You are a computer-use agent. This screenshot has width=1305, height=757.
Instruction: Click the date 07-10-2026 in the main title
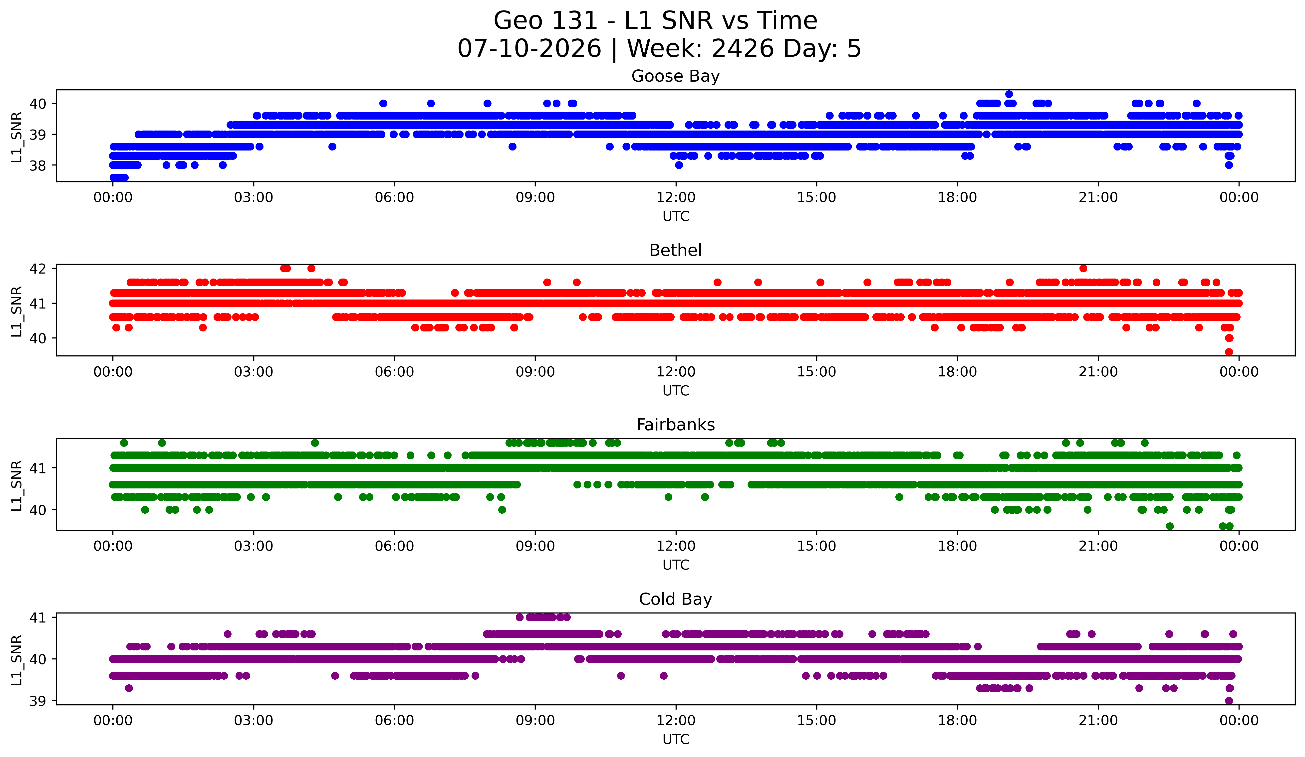(x=529, y=49)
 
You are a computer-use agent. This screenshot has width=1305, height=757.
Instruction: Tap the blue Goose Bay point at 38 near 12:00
(x=679, y=165)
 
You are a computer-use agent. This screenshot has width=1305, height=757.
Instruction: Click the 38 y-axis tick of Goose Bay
(x=38, y=165)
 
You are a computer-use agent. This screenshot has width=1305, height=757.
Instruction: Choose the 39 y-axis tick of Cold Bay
(x=38, y=701)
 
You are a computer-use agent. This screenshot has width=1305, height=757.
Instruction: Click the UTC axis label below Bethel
(x=676, y=391)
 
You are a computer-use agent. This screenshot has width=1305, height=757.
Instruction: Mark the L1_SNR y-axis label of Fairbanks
(x=16, y=486)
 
